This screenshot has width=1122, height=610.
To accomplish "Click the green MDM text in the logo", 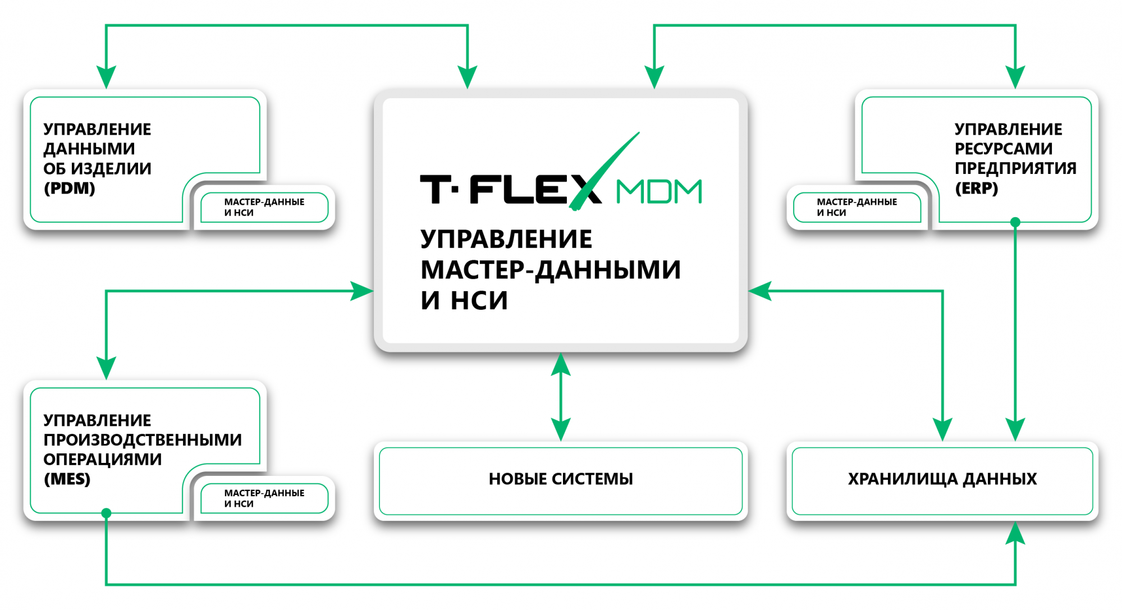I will click(x=659, y=191).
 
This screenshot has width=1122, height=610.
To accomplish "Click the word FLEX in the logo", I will click(x=528, y=189).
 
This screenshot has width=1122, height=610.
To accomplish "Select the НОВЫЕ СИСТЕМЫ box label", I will click(x=561, y=479).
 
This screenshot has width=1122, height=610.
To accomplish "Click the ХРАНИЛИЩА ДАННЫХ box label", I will click(x=942, y=479).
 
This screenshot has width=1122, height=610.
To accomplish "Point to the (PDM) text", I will click(x=70, y=188).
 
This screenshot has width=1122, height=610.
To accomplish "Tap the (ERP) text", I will click(x=976, y=188).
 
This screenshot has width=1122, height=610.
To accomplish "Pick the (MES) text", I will click(x=67, y=479).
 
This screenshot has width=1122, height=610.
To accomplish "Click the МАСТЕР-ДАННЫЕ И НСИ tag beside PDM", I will click(x=264, y=207).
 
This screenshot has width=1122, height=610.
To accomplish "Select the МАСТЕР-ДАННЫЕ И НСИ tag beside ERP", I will click(x=857, y=207).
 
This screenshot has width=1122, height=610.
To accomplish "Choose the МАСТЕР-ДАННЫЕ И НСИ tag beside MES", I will click(x=264, y=498).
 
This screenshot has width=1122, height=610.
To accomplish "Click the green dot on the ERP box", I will click(x=1015, y=222).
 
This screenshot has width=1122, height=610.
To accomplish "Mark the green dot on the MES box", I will click(x=106, y=513).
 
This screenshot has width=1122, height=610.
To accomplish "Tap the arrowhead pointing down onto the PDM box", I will click(x=106, y=77).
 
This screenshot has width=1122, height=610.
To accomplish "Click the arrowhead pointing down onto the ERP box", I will click(x=1015, y=77).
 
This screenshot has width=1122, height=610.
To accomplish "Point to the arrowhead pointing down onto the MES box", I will click(x=106, y=368).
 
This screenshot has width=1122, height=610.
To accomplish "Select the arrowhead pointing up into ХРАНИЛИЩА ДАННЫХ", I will click(x=1015, y=533).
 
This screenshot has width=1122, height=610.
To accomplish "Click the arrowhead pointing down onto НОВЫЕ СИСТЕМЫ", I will click(x=561, y=429).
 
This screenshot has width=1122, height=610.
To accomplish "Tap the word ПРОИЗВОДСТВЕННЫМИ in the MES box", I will click(x=143, y=440).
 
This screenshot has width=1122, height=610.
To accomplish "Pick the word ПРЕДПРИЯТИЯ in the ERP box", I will click(x=1015, y=168).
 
